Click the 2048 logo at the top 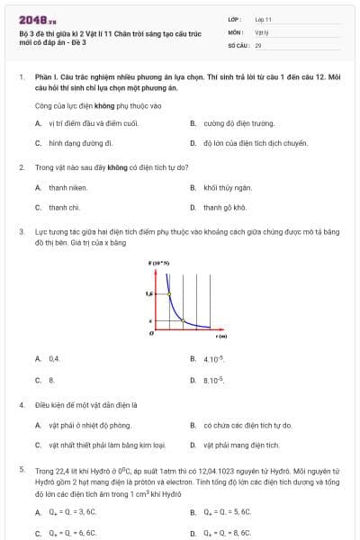(34, 19)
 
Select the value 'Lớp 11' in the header (264, 19)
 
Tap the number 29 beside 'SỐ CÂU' (258, 44)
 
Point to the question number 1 (20, 78)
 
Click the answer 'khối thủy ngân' (224, 187)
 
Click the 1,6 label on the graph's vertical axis (150, 292)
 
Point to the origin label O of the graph (151, 333)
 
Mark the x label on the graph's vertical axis (150, 320)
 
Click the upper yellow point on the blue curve (167, 292)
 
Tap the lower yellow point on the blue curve (183, 320)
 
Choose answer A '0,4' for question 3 (54, 359)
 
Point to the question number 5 (20, 470)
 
